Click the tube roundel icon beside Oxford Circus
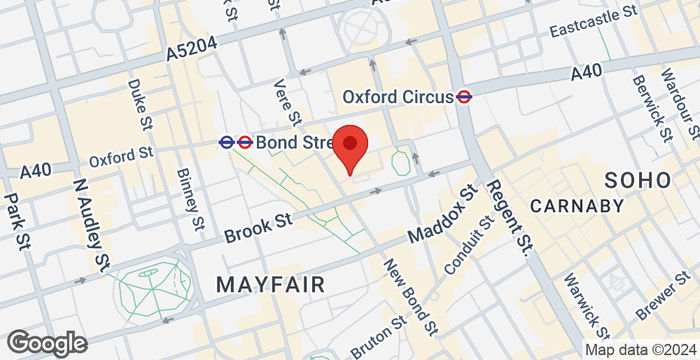[464, 97]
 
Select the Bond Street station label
[291, 142]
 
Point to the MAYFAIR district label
[270, 285]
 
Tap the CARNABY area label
[578, 206]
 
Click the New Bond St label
[411, 296]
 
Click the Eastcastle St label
[594, 20]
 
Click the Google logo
[45, 342]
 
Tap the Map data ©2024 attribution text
[640, 349]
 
